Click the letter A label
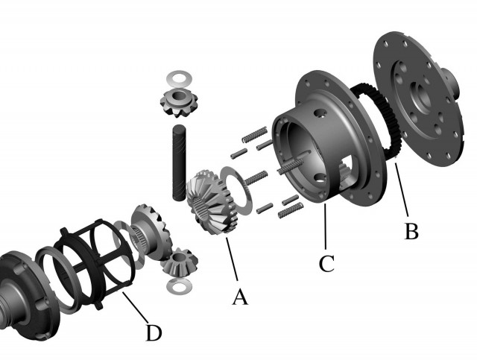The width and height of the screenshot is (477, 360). point(239,297)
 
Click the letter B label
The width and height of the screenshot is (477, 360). point(411,231)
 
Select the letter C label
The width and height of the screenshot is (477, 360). point(325,262)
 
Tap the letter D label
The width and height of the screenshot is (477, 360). point(153,332)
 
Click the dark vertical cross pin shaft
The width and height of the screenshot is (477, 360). point(180,162)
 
